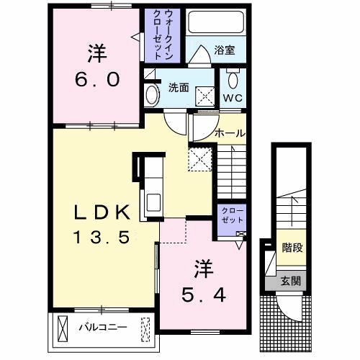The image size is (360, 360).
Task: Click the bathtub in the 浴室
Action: [216, 22]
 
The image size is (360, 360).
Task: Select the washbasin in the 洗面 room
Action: [153, 95]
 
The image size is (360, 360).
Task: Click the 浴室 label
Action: [225, 50]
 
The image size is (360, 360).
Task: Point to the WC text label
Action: [233, 98]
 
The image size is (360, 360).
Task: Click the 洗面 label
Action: [179, 88]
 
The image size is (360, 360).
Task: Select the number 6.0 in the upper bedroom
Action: [97, 80]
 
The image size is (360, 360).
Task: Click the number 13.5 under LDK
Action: [102, 237]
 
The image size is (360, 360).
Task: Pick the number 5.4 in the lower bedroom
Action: [204, 295]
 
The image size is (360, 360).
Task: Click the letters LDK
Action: [102, 212]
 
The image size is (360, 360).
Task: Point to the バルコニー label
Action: [103, 327]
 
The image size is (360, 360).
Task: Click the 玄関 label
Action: [291, 281]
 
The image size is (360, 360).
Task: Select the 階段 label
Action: [292, 248]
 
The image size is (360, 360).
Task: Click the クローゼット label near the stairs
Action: [232, 215]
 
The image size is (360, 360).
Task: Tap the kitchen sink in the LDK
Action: [153, 202]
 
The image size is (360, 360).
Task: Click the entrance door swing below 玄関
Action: [289, 307]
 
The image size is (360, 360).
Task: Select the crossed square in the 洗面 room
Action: [205, 96]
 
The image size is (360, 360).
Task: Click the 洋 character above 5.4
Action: [204, 269]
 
